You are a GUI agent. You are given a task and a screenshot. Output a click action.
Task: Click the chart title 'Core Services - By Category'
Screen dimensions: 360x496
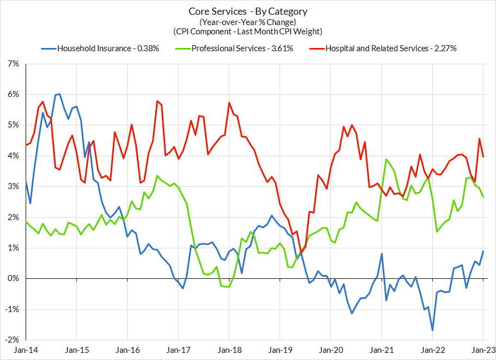point(248,11)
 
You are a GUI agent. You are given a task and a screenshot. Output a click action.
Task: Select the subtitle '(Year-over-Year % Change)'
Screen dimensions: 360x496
point(248,22)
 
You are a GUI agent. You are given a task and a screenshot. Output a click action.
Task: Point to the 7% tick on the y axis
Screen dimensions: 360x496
point(11,64)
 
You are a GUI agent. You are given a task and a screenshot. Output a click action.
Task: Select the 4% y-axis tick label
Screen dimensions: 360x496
point(11,156)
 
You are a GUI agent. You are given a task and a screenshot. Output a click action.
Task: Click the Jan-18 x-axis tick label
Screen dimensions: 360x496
point(228,351)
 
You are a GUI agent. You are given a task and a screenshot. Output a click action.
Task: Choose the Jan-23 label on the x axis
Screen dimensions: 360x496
point(483,351)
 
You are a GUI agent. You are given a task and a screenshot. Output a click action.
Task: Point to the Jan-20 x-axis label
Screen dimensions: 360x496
point(330,351)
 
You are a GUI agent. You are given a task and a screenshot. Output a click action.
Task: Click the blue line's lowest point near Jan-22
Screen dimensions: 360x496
point(432,330)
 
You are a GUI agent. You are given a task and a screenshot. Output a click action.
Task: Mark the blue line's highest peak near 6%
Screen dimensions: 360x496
point(59,94)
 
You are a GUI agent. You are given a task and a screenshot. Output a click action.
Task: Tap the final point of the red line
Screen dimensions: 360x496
point(483,156)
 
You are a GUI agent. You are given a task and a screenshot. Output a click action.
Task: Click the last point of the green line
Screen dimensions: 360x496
point(483,197)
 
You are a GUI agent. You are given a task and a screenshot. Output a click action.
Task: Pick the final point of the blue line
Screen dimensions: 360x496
point(483,251)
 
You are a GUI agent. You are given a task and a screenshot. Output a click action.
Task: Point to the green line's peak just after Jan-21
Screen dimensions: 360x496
point(386,160)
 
